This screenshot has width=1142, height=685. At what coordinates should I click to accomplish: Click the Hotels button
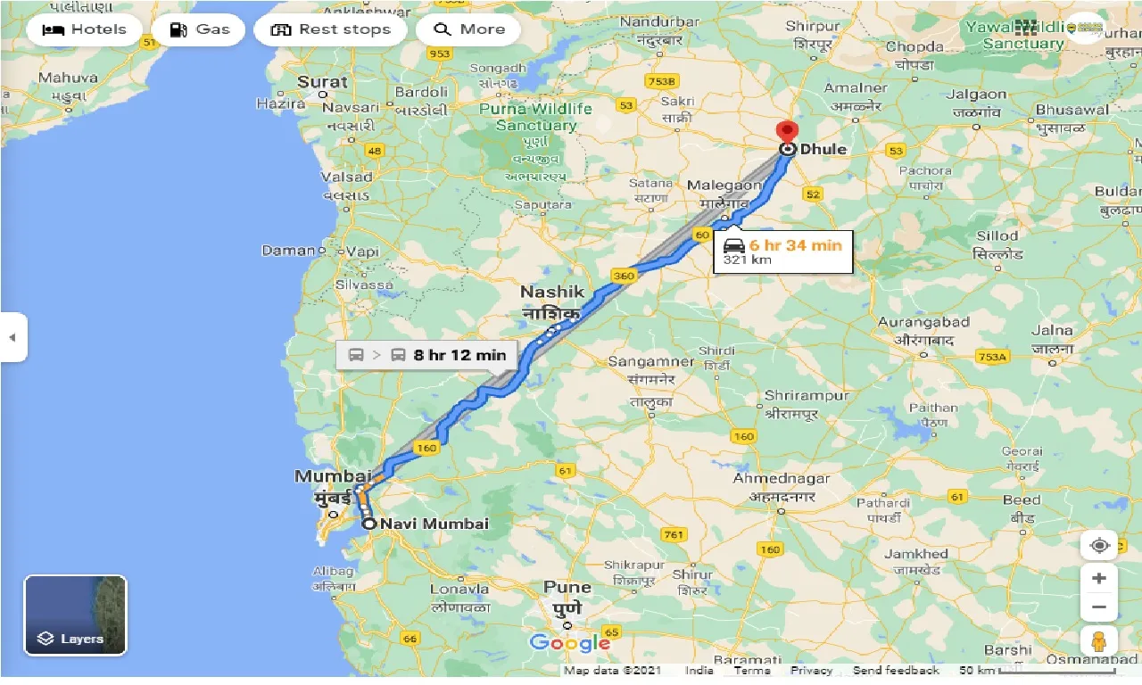pos(84,29)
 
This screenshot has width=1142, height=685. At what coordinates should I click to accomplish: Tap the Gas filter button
pos(199,29)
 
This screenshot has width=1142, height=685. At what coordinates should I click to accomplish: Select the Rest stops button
pos(330,29)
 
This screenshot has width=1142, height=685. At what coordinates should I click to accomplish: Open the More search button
pos(469,29)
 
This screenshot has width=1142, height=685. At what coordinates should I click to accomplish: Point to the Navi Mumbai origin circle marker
pos(368,524)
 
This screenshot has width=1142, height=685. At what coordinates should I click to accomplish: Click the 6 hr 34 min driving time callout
pos(782,252)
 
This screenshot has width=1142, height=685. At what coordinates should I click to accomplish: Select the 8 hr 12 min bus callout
pos(426,355)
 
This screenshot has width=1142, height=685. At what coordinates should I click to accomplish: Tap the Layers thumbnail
pos(76,615)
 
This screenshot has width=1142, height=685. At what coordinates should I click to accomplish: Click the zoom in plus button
pos(1098,578)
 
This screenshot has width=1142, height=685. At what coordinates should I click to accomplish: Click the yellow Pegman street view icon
pos(1098,640)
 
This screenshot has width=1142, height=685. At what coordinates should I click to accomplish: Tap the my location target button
pos(1098,545)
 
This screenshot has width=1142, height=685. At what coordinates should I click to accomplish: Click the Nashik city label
pos(552,292)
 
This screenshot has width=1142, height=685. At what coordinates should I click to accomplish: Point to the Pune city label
pos(567,587)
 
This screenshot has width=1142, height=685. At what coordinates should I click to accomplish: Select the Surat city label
pos(322,82)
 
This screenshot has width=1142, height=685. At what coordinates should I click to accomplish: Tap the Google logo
pos(569,642)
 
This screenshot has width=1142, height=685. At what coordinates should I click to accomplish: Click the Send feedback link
pos(896,671)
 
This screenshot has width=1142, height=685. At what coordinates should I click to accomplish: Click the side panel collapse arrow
pos(12,337)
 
